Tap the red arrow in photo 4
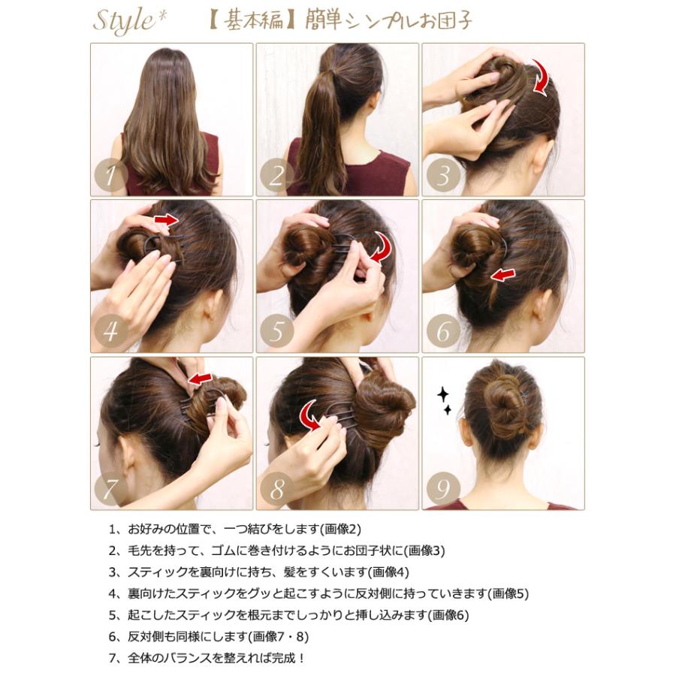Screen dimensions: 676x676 pyautogui.click(x=166, y=220)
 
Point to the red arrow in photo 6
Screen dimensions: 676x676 pyautogui.click(x=503, y=276)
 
